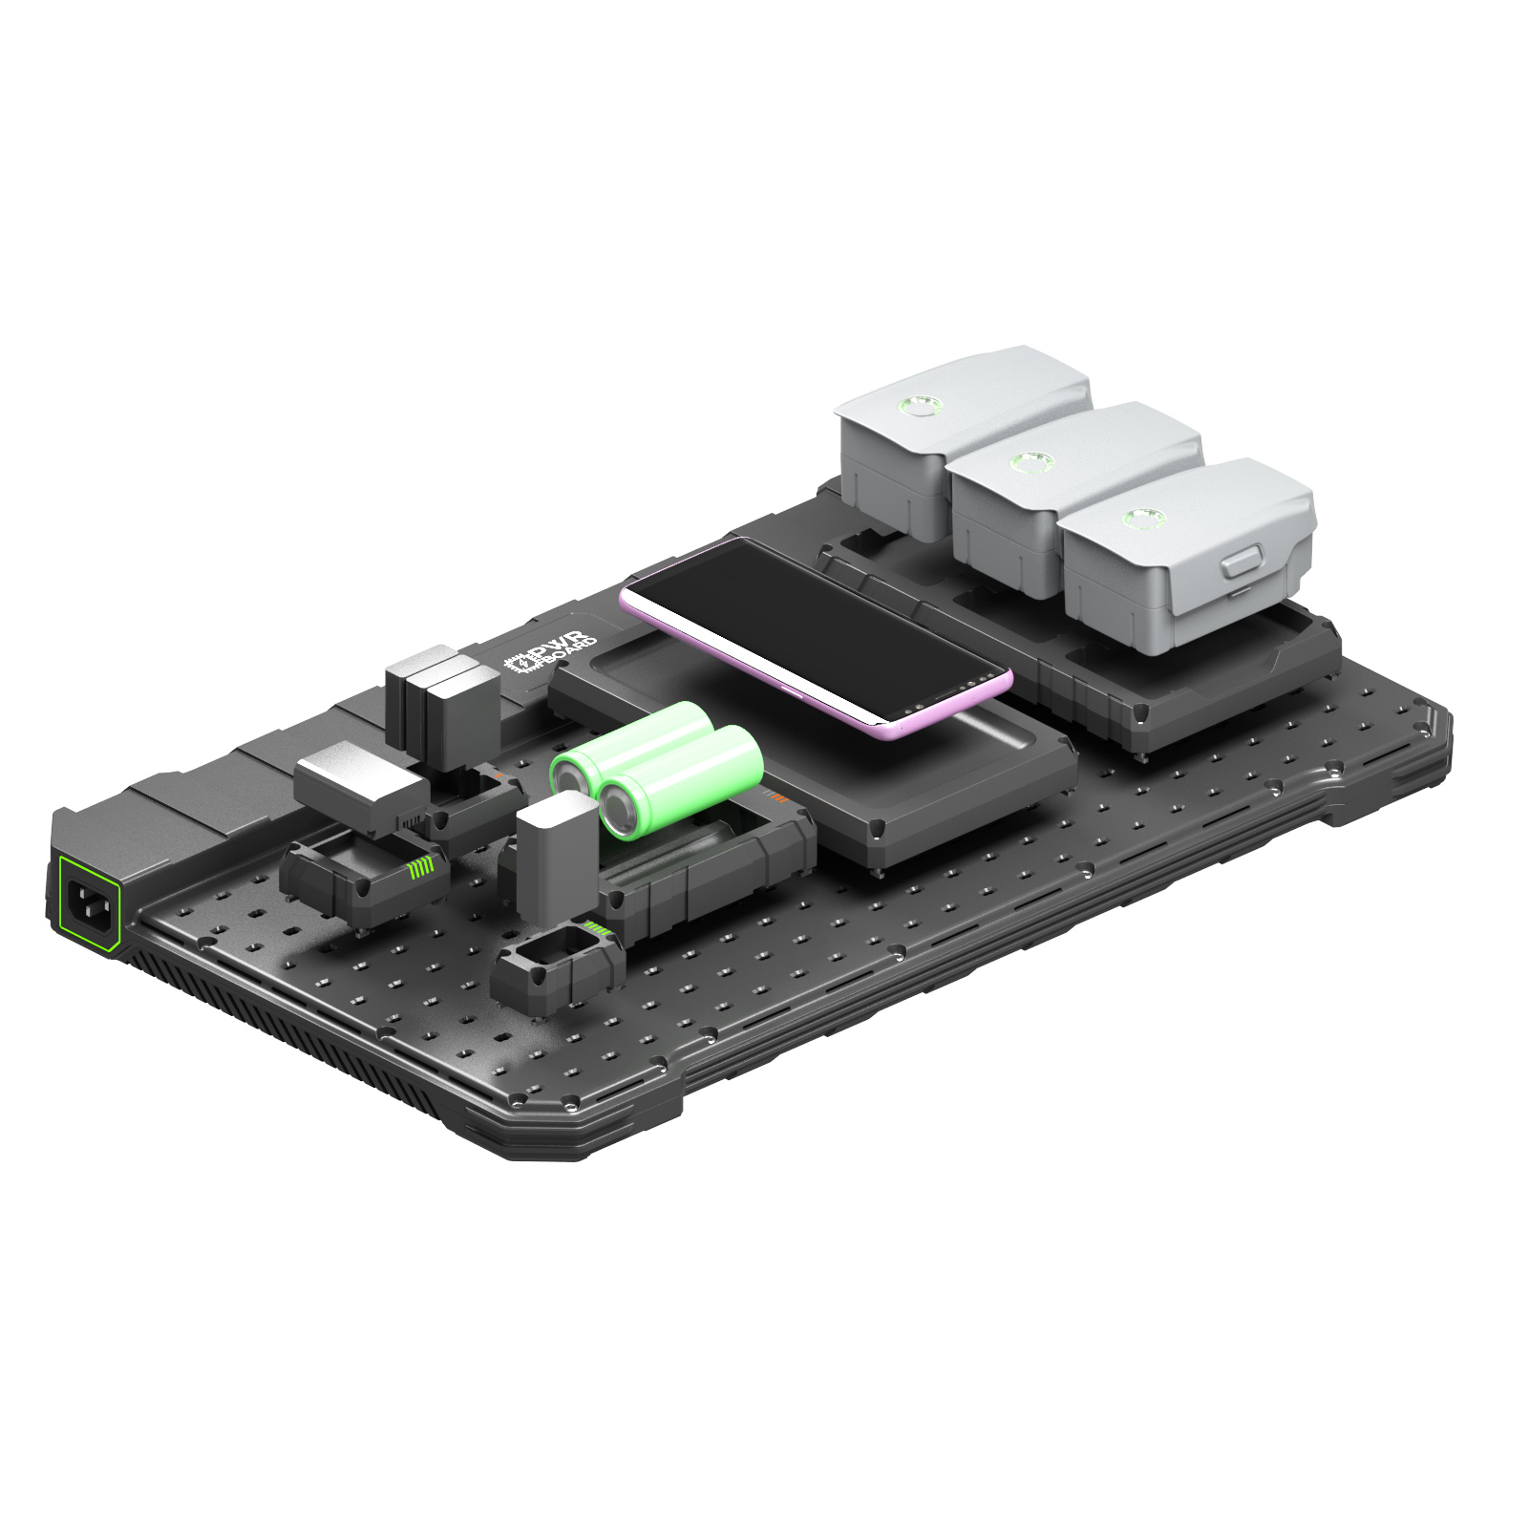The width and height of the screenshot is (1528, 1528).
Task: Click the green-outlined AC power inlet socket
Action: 91,902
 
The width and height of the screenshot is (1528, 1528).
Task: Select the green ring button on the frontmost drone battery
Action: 1141,519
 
